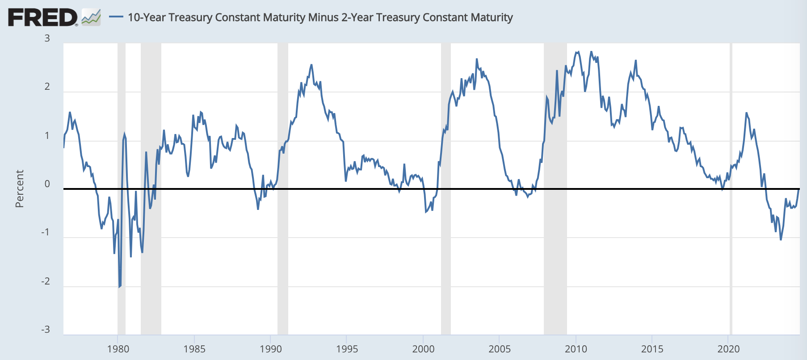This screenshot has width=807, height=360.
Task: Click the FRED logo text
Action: tap(42, 17)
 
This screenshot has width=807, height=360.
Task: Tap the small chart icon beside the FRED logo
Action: tap(91, 17)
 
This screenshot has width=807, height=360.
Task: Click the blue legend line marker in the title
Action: tap(116, 17)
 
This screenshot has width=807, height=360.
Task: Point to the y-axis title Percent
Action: tap(19, 188)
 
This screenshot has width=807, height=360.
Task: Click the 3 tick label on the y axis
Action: tap(47, 38)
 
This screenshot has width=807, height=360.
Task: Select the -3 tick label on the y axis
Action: tap(46, 330)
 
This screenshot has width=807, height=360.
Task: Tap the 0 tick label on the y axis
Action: tap(47, 184)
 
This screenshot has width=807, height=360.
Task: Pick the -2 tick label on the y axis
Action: tap(46, 281)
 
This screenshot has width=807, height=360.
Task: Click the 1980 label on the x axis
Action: tap(118, 349)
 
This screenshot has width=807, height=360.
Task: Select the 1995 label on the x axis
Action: tap(347, 349)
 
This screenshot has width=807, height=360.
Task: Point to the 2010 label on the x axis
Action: tap(576, 349)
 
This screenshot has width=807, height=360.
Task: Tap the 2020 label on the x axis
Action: tap(729, 349)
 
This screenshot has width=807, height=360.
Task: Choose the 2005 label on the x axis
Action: tap(500, 349)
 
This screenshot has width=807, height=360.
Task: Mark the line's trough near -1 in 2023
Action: tap(781, 240)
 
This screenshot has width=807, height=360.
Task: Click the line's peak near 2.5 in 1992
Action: tap(311, 65)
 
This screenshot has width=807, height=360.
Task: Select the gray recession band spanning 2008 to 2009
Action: tap(555, 188)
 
